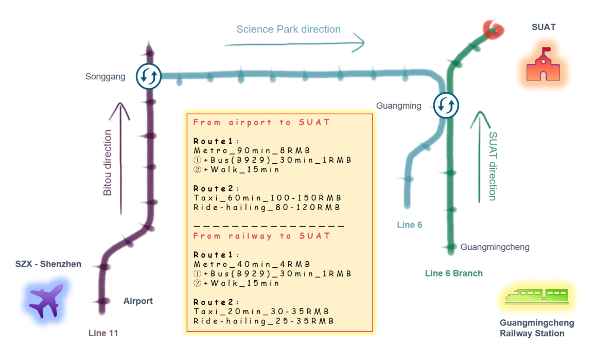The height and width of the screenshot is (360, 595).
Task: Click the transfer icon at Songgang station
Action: pos(149,76)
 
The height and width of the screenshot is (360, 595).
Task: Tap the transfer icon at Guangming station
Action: pos(446,105)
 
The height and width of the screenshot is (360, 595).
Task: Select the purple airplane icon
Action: pos(46,300)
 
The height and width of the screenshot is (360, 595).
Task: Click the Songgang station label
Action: pos(106,77)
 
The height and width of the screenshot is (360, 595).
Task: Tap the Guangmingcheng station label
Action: pos(495,247)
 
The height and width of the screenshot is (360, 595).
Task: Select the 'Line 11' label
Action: pos(103,333)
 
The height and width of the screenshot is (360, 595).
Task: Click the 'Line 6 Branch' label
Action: pos(453,273)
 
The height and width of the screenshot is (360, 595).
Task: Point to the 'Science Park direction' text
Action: pos(288,29)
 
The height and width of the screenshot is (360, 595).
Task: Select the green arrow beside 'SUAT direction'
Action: pos(480,155)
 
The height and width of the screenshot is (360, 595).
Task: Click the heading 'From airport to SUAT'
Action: pos(261,123)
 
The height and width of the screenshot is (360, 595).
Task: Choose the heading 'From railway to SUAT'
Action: pos(261,236)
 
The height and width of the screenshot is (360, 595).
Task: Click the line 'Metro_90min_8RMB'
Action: pos(252,150)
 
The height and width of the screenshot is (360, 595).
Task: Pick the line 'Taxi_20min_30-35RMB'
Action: pos(261,312)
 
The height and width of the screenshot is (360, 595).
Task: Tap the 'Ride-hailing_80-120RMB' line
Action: pos(267,208)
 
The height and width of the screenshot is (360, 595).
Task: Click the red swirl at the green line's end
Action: pos(493,29)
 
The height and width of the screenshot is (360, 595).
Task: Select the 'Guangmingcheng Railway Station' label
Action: pos(537,328)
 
